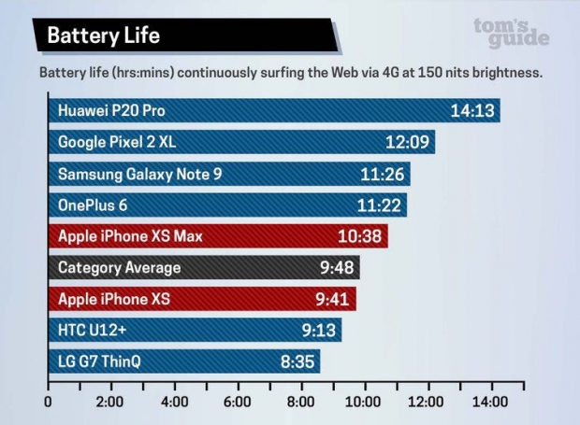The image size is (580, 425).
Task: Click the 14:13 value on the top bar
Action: coord(470,110)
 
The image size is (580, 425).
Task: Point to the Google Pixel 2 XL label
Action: coord(117,142)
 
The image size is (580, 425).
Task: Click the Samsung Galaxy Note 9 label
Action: coord(140,174)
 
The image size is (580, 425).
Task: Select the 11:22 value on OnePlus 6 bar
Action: coord(378,205)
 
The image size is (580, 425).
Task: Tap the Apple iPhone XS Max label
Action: coord(130,236)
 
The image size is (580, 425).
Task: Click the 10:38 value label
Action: coord(359,236)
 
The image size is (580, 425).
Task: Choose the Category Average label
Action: coord(120,268)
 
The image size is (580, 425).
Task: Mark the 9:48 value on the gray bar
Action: coord(335,268)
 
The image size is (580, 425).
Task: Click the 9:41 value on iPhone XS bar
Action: coord(332,300)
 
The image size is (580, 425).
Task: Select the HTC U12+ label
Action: coord(93,331)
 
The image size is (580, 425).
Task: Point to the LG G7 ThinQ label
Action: coord(99,362)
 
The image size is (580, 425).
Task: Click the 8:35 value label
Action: coord(297,362)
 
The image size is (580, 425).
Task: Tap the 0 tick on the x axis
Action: coord(49,402)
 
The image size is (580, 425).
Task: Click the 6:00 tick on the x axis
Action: coord(238,402)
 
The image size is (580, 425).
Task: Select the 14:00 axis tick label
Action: coord(490,402)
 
